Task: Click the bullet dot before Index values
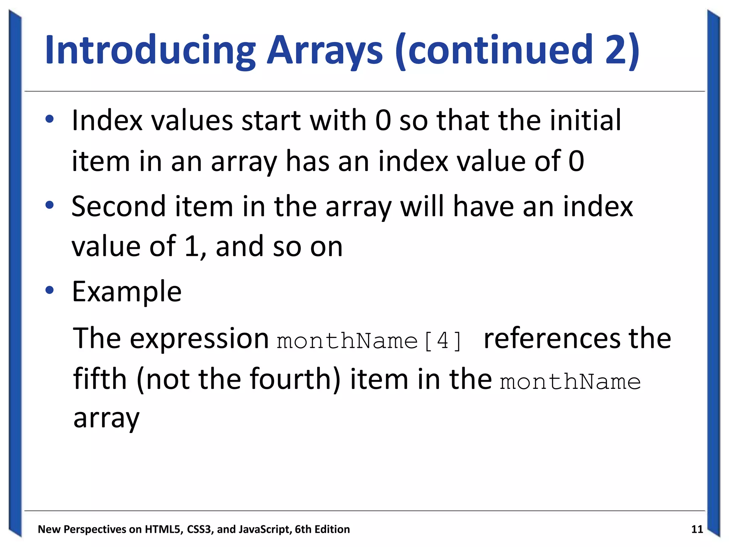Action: coord(49,119)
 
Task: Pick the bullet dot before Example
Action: coord(49,290)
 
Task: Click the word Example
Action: coord(127,291)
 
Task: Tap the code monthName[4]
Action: coord(369,341)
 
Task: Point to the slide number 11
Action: coord(697,529)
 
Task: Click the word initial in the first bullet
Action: coord(585,120)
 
